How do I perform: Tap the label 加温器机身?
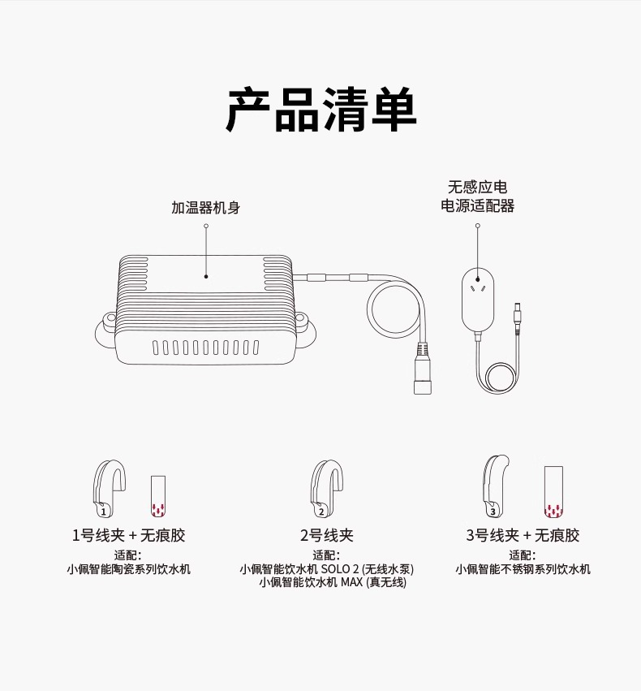pos(205,208)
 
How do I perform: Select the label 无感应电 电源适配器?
pos(477,197)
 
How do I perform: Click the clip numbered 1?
pos(107,488)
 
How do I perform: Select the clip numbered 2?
pos(323,488)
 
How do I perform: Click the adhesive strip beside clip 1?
pos(157,496)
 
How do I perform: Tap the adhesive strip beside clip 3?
pos(553,492)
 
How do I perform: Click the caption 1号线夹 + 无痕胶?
pos(128,536)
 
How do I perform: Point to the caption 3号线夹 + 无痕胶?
pos(523,536)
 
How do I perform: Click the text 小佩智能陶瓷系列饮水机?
pos(128,569)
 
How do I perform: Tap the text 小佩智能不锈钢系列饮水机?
pos(523,569)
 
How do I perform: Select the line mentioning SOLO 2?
pos(326,569)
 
